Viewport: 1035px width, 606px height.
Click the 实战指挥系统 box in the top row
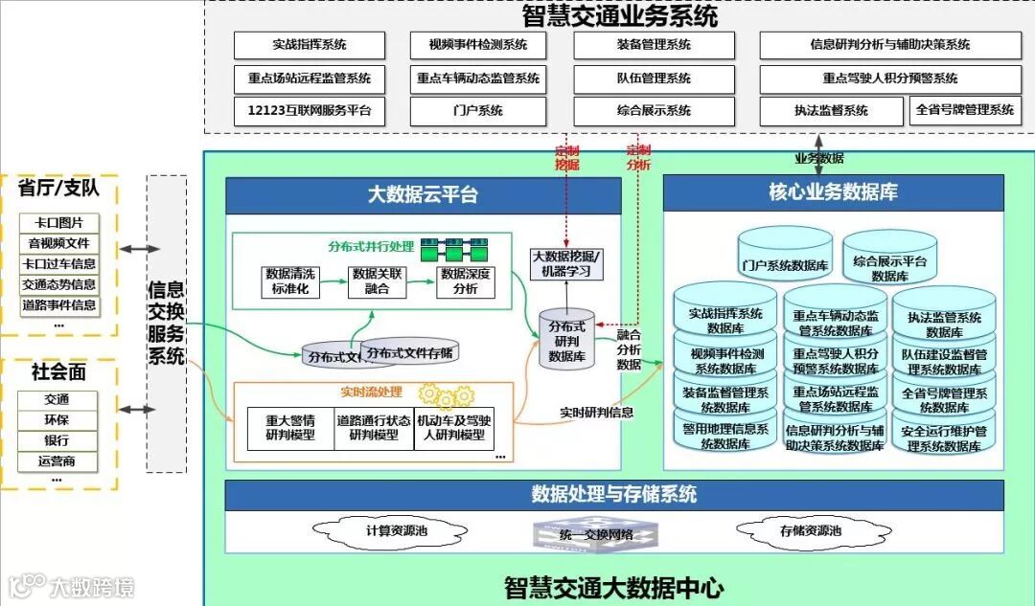[310, 45]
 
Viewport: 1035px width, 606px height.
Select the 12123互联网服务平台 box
[310, 110]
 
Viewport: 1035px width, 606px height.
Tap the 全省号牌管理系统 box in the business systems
[964, 110]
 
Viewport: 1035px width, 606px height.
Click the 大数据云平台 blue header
[423, 195]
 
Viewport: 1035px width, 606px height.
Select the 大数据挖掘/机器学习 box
[567, 263]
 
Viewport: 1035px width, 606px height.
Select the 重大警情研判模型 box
[290, 428]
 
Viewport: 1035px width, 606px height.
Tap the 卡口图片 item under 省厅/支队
[58, 223]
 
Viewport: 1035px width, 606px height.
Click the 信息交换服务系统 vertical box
[166, 323]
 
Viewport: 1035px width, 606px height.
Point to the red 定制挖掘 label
[567, 157]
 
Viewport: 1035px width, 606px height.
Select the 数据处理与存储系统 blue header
[614, 495]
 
